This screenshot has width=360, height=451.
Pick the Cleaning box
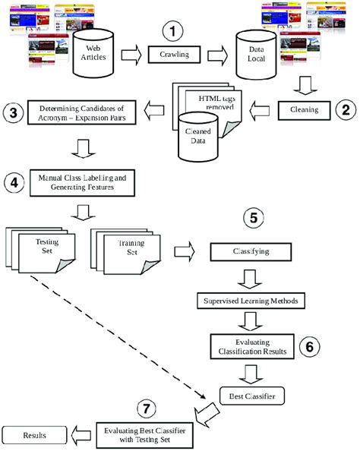coord(305,109)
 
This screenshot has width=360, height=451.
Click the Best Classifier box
coord(248,395)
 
